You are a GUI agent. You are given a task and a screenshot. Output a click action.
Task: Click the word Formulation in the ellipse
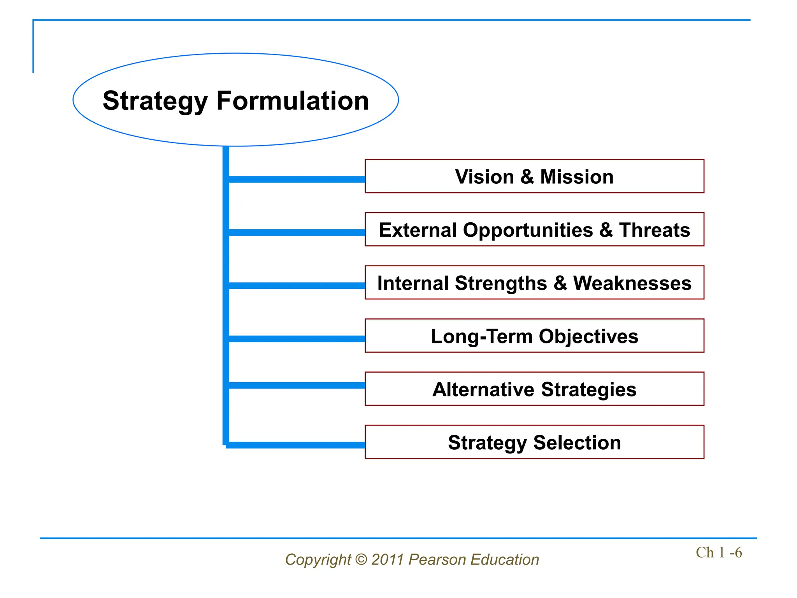click(x=292, y=101)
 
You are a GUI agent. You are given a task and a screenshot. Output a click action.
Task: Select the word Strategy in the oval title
click(x=155, y=101)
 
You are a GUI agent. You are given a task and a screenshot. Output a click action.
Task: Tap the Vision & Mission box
click(x=534, y=176)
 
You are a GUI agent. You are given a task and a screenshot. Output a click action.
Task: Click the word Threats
click(x=655, y=230)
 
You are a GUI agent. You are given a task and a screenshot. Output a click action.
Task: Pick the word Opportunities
click(x=528, y=230)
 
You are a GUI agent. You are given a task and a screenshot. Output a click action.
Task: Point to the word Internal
click(x=413, y=283)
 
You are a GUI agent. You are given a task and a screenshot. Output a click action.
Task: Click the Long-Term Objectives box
click(x=534, y=336)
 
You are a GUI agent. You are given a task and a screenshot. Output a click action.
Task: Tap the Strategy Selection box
click(x=534, y=442)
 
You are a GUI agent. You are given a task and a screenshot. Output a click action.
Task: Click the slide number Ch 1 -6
click(x=718, y=552)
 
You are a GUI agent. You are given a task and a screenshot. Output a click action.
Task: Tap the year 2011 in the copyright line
click(x=387, y=560)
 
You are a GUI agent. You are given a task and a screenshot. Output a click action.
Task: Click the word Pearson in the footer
click(x=437, y=560)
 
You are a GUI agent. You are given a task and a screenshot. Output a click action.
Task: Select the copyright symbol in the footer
click(x=361, y=560)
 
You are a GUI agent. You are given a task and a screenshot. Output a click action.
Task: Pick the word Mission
click(x=577, y=177)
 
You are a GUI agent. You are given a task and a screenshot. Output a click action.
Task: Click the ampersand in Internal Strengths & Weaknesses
click(x=560, y=283)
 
